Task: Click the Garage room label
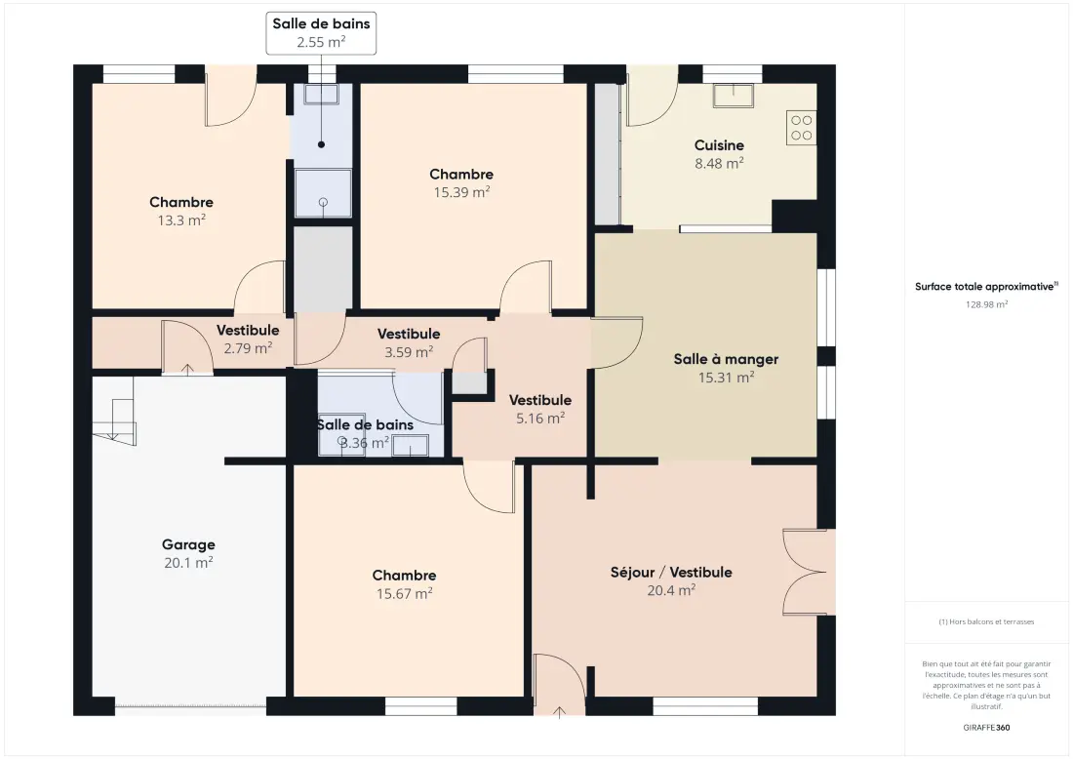188,544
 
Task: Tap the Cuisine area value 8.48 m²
719,164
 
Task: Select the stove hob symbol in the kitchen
801,128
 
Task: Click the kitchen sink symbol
733,96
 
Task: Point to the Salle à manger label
726,359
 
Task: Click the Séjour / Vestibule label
671,572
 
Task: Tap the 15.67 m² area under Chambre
405,594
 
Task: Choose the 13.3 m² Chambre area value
181,220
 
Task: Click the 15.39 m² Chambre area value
462,192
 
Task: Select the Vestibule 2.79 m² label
248,340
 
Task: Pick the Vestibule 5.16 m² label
540,410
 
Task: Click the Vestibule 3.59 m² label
409,342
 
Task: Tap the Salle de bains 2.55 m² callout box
321,33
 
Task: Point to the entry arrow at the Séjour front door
559,712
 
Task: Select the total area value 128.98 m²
987,304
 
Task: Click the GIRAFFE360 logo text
986,728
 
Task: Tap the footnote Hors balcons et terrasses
986,622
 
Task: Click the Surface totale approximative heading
986,287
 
